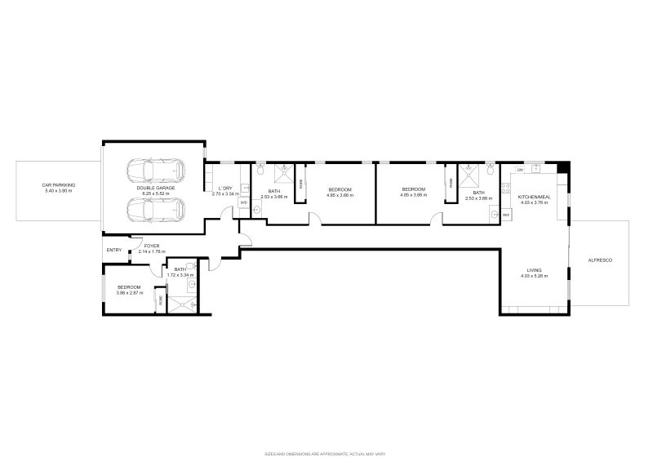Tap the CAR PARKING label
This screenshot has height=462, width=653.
tap(58, 185)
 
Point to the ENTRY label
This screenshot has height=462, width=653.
tap(113, 251)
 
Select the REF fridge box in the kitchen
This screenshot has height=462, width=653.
tap(505, 214)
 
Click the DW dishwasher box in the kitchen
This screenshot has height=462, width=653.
tap(519, 170)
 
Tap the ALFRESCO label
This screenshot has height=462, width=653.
tap(600, 260)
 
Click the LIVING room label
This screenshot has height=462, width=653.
tap(534, 270)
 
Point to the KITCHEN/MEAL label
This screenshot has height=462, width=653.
tap(534, 197)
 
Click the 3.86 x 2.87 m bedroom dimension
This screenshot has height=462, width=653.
tap(130, 292)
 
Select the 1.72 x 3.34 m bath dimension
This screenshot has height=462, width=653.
tap(180, 275)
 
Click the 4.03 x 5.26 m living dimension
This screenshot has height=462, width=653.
tap(534, 276)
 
